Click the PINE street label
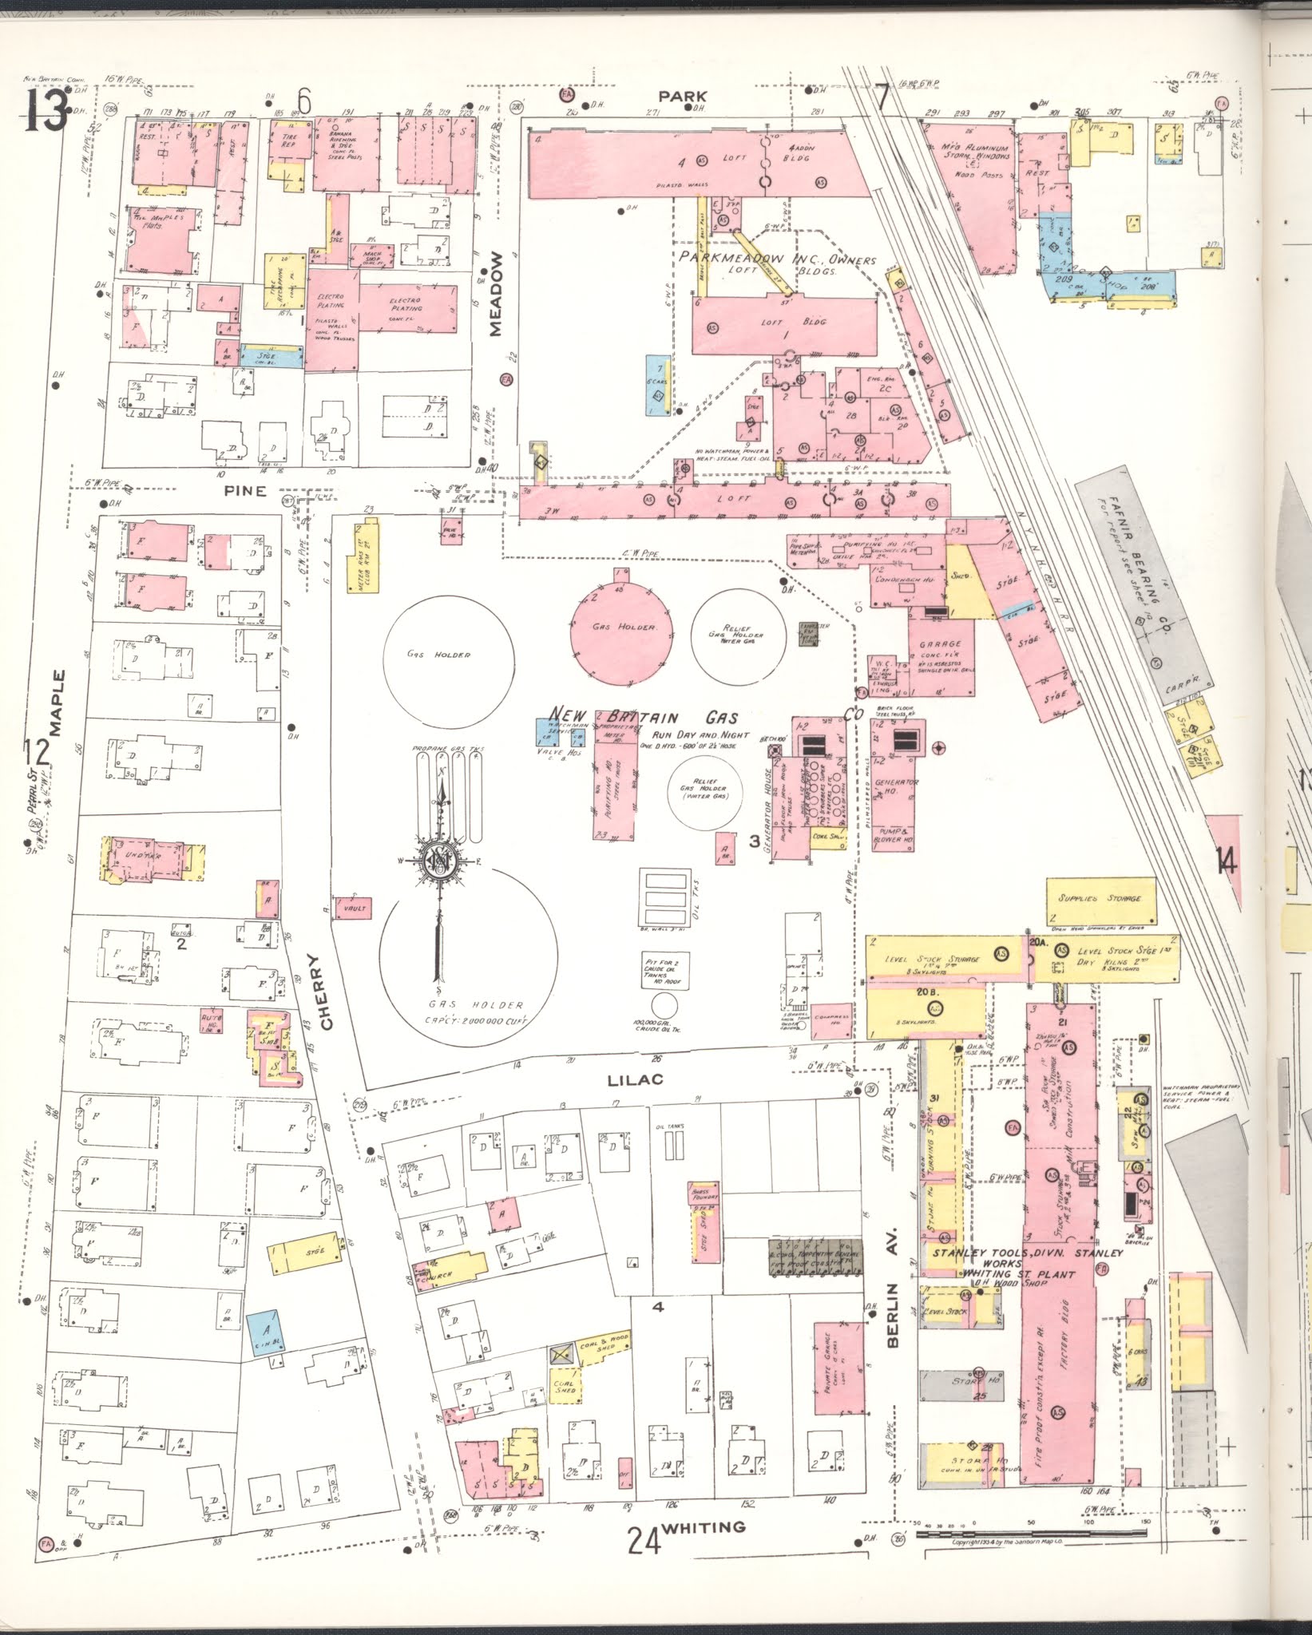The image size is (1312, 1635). [245, 490]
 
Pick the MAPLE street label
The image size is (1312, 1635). [56, 703]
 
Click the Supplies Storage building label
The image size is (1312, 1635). [1100, 898]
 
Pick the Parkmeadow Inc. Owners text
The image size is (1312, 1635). [778, 259]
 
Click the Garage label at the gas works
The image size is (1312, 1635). [940, 643]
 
